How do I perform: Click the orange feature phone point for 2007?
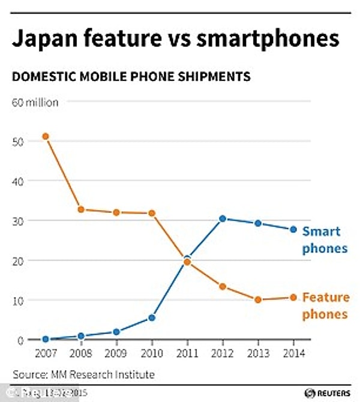pos(45,136)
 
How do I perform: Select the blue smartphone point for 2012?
pos(223,218)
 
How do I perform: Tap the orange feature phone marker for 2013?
pos(258,299)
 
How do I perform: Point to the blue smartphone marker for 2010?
pos(152,317)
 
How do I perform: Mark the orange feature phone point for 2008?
pos(81,209)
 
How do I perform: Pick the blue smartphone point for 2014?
pos(293,229)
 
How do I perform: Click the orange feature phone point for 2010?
pos(152,213)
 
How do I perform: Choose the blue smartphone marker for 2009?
pos(116,332)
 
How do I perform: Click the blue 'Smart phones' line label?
pos(325,239)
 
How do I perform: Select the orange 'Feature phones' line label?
pos(325,305)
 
